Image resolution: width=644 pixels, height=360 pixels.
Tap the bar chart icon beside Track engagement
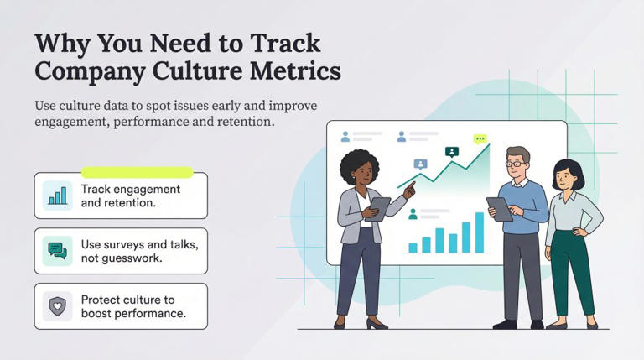[58, 196]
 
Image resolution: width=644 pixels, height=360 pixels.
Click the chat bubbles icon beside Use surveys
[58, 251]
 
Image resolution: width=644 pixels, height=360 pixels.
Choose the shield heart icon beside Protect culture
[58, 306]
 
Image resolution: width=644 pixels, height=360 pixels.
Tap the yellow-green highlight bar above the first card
[138, 173]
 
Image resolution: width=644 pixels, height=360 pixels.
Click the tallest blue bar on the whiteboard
[480, 232]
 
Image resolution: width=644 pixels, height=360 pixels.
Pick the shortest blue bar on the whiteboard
[413, 248]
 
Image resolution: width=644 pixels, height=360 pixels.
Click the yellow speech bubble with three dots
[480, 139]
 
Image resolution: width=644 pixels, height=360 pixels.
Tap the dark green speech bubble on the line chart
[452, 152]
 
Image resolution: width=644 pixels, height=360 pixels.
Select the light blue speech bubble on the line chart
[420, 164]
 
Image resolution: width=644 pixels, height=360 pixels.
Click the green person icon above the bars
[413, 214]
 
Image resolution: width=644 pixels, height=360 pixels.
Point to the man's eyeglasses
[517, 164]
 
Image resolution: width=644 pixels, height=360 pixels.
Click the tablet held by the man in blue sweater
[500, 209]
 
